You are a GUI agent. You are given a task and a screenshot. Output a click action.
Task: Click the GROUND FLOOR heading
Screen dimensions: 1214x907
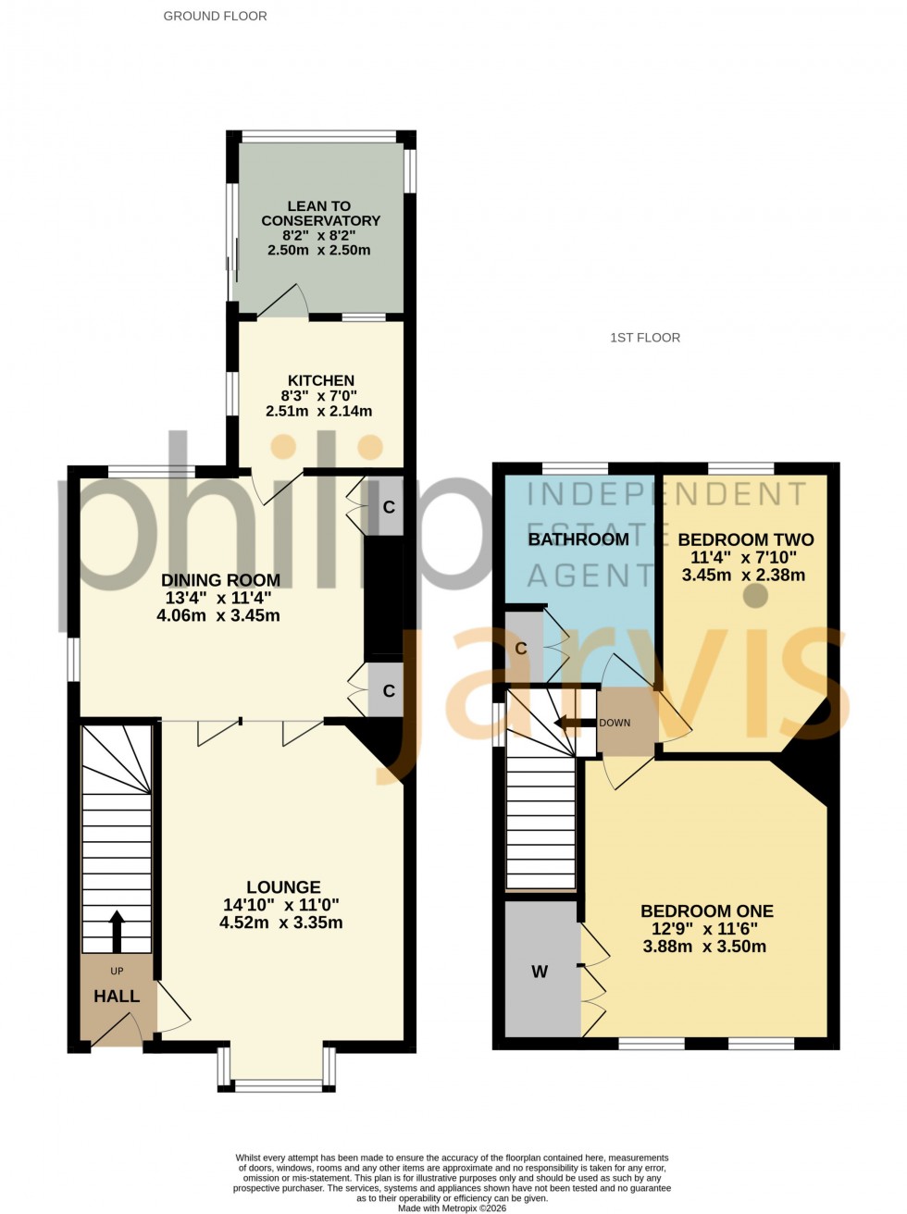point(215,16)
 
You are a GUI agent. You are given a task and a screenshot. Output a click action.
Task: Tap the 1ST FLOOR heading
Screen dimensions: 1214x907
point(645,338)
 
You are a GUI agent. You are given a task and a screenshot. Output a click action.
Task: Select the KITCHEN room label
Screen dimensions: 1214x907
point(321,380)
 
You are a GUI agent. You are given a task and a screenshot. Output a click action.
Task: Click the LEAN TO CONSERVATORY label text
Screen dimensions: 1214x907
point(320,214)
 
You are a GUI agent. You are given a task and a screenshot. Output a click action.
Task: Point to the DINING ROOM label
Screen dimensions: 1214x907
point(220,580)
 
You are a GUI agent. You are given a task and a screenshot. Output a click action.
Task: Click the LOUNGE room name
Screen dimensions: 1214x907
point(283,887)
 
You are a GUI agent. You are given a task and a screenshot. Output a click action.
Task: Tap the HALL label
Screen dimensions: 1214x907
point(117,997)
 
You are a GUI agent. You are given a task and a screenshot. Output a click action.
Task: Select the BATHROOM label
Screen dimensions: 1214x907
point(578,539)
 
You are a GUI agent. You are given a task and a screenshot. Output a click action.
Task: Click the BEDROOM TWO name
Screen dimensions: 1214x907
point(746,540)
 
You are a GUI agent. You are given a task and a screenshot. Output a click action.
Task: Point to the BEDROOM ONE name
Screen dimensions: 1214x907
point(707,911)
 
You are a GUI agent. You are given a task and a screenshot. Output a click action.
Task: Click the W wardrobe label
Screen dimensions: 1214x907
point(540,972)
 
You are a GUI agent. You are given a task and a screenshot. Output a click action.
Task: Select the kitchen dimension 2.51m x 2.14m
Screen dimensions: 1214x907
point(319,411)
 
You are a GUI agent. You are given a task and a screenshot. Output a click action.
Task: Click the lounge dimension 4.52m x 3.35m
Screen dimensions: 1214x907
point(281,923)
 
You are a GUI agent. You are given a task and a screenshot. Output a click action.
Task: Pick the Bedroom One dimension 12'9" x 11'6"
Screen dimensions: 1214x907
point(705,929)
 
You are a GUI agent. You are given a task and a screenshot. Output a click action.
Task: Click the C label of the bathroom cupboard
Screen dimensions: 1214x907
point(521,649)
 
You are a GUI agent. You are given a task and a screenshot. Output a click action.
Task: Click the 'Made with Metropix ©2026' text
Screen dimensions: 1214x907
point(453,1208)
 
